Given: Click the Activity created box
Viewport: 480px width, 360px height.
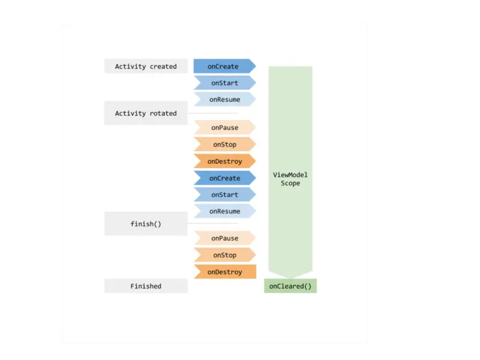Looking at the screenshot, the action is [x=146, y=66].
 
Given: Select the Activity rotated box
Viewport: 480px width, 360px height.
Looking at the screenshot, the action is [x=146, y=113].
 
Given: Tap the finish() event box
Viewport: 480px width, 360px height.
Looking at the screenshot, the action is [x=146, y=224].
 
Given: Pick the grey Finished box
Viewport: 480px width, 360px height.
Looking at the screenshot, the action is [x=146, y=286].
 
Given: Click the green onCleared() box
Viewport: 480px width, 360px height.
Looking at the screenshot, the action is [x=290, y=286].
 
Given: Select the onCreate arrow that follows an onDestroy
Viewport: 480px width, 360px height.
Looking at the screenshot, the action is [x=224, y=178].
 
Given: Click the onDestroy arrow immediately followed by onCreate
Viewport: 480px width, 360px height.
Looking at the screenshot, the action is [x=224, y=161].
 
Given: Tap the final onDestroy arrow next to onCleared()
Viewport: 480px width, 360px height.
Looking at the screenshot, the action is [x=225, y=272].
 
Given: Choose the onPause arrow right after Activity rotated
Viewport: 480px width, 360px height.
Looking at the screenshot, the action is [x=224, y=127].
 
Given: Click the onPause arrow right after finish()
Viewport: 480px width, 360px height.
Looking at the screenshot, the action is [x=224, y=238].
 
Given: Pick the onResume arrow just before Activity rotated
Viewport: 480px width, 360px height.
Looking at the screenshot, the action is [x=224, y=99].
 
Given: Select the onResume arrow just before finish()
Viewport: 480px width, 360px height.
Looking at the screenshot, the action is [x=224, y=211].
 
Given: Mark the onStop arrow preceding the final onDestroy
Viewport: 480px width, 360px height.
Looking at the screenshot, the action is [x=224, y=254].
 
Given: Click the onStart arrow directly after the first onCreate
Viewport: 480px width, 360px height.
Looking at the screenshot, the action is [x=224, y=83].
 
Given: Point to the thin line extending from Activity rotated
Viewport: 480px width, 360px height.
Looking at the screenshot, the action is [x=212, y=113].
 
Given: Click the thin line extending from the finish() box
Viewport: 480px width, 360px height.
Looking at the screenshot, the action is [x=212, y=223].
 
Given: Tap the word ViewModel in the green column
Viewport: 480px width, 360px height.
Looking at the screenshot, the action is [x=290, y=175].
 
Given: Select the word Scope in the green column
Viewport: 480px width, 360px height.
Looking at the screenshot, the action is [x=290, y=183].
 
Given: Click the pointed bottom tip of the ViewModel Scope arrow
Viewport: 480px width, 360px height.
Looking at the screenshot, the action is [x=290, y=278].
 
